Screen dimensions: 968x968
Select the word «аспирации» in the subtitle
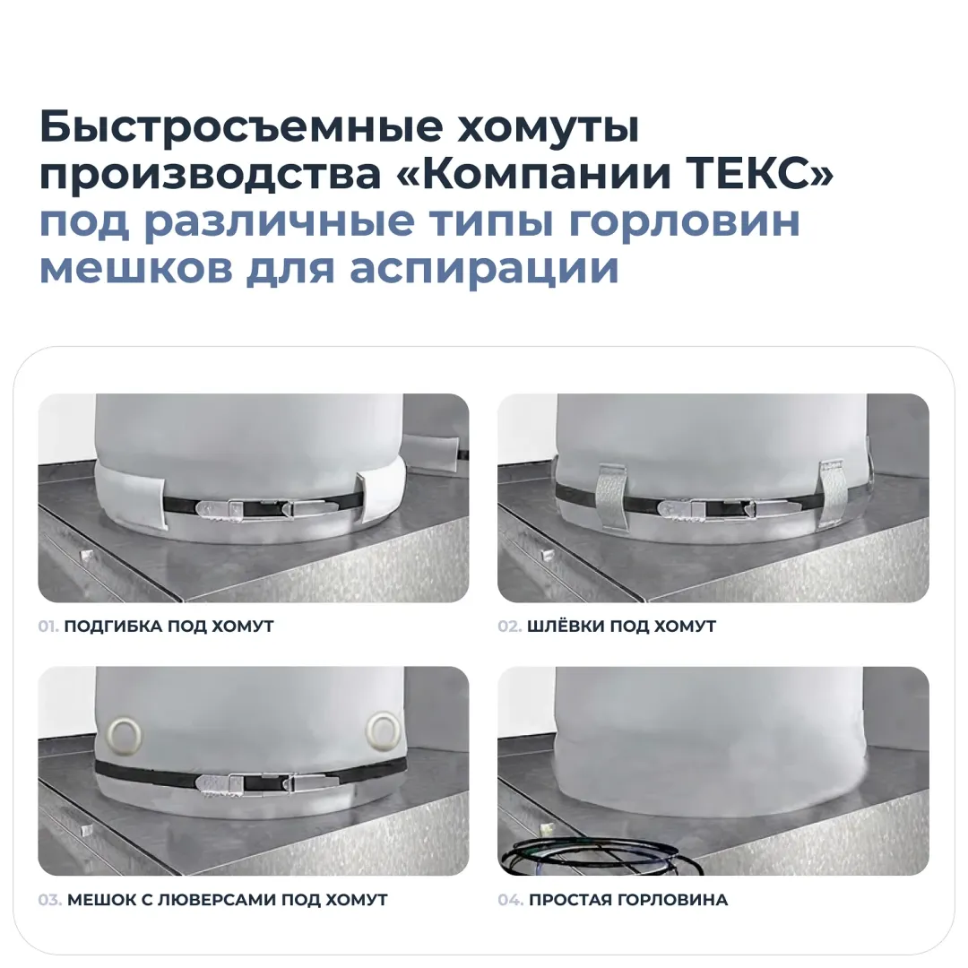[x=484, y=269]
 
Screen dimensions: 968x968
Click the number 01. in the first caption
[x=48, y=626]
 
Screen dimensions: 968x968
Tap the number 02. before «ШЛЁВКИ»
[x=510, y=626]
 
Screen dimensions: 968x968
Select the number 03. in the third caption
[x=50, y=900]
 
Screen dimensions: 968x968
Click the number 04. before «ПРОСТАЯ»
[x=511, y=900]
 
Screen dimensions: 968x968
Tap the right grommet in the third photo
[x=384, y=731]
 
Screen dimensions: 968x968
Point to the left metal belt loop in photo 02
[x=611, y=496]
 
